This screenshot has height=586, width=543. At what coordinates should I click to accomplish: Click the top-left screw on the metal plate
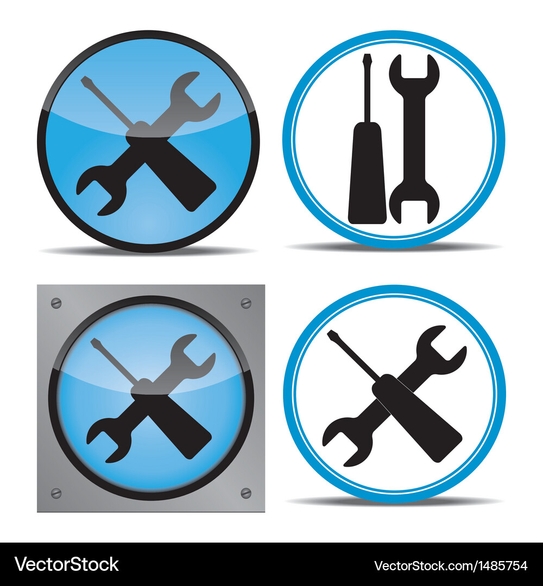tap(56, 303)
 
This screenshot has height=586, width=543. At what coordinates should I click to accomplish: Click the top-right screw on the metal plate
tap(245, 303)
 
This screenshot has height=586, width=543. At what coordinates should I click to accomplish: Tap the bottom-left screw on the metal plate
tap(56, 493)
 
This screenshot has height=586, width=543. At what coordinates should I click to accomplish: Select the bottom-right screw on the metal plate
tap(245, 493)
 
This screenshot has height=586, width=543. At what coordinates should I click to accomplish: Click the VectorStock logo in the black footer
tap(66, 564)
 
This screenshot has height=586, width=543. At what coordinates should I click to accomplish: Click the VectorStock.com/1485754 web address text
tap(451, 565)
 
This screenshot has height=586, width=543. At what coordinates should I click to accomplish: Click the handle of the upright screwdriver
tap(367, 173)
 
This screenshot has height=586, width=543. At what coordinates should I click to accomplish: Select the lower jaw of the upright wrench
tap(414, 203)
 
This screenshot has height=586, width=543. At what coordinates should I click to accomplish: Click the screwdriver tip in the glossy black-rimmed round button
tap(85, 81)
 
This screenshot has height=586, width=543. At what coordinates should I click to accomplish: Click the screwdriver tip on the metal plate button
tap(96, 343)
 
